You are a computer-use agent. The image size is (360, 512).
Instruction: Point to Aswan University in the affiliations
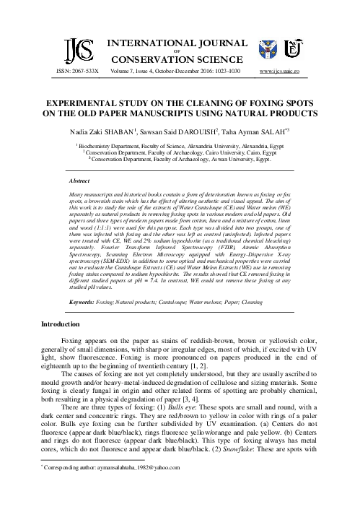(x=227, y=160)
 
